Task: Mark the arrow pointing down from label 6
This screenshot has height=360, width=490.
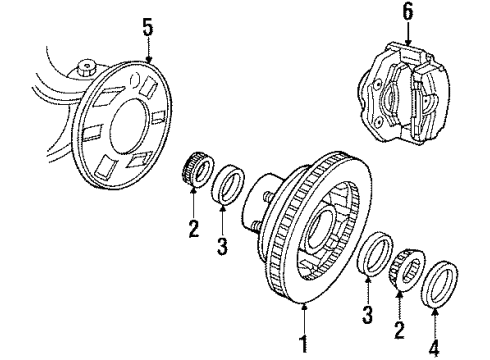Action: coord(406,32)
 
